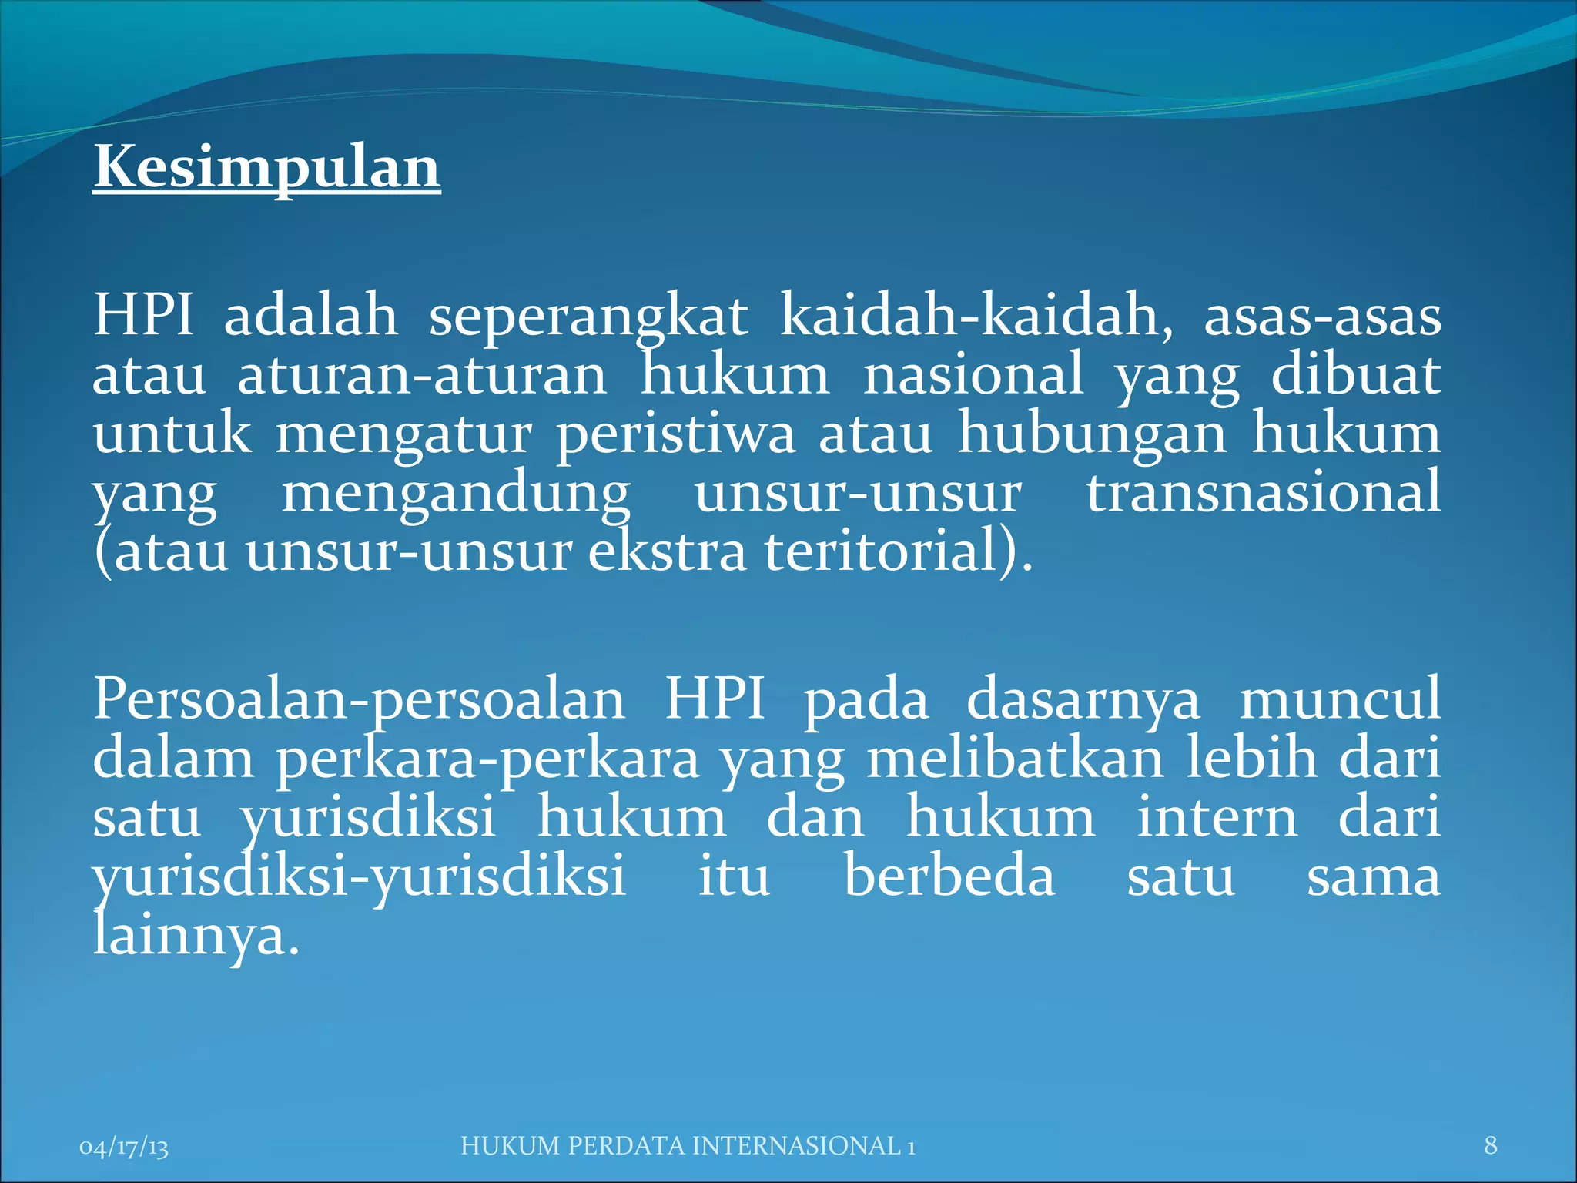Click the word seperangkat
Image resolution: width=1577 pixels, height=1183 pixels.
pos(588,317)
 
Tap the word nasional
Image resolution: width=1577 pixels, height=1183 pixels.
pos(973,376)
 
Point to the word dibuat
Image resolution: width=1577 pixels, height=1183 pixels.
pos(1355,375)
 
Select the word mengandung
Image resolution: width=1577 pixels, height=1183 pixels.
pos(456,494)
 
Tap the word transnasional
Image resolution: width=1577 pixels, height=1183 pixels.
pos(1263,493)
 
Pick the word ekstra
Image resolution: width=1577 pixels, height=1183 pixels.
pos(667,552)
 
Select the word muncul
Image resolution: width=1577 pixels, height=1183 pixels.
pos(1339,699)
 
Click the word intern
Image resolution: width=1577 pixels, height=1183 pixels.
pos(1217,818)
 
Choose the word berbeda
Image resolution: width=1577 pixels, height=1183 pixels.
pos(949,877)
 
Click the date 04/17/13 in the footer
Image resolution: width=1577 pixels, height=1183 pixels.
pos(124,1147)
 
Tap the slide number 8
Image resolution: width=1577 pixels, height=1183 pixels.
pos(1491,1145)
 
